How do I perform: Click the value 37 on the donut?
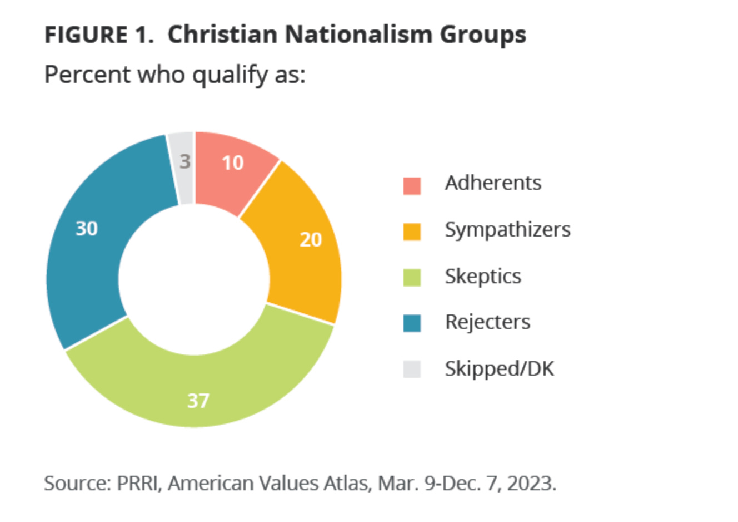(198, 401)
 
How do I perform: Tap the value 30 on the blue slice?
(87, 229)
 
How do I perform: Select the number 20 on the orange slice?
(311, 239)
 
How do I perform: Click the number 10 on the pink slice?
(232, 163)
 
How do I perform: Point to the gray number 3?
(185, 162)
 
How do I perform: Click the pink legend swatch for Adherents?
(412, 185)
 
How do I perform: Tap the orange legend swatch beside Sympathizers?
(412, 232)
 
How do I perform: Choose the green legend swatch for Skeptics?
(412, 277)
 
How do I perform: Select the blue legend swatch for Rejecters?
(412, 323)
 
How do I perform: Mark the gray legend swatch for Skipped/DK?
(412, 369)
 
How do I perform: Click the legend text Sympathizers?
(507, 230)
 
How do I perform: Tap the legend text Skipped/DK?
(499, 368)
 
